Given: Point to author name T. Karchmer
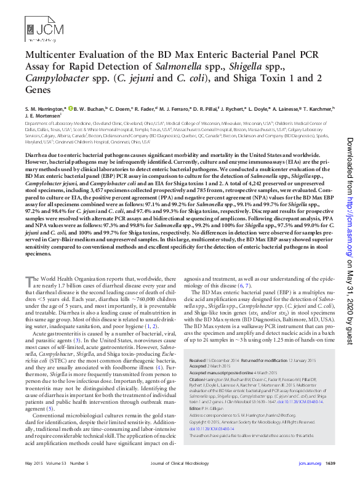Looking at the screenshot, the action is pyautogui.click(x=318, y=108).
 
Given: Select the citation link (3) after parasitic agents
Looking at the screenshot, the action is pyautogui.click(x=78, y=339).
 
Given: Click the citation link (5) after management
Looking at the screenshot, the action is pyautogui.click(x=50, y=409).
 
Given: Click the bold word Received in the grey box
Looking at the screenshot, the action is pyautogui.click(x=198, y=359).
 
